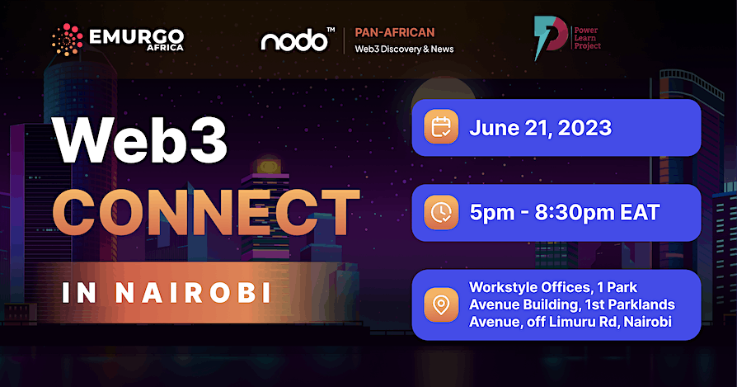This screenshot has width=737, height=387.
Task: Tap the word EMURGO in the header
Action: (x=136, y=36)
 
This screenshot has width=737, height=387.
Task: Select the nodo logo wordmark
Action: (x=295, y=40)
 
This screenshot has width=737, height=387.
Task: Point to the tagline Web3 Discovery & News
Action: (x=404, y=50)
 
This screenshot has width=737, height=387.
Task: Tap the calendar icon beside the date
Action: (x=442, y=128)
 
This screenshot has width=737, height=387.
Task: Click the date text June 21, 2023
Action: (x=540, y=128)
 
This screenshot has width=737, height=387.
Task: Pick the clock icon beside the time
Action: (x=442, y=213)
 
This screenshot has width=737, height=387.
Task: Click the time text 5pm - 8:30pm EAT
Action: (x=565, y=213)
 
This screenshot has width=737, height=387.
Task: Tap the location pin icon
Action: (x=442, y=304)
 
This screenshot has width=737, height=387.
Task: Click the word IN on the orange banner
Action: (x=80, y=292)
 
